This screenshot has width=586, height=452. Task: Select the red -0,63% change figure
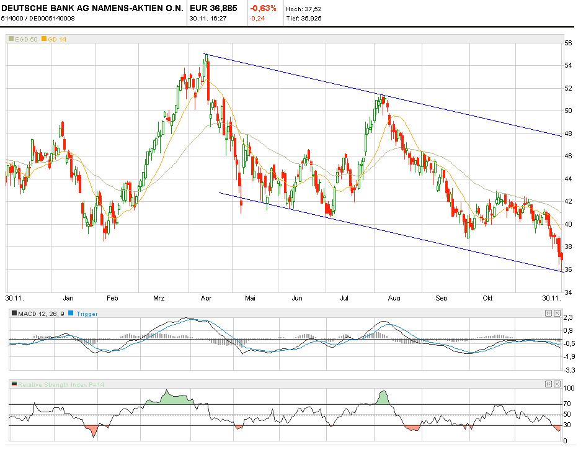tap(264, 9)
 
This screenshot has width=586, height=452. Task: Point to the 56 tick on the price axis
tap(567, 43)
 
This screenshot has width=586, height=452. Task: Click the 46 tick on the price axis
tap(567, 156)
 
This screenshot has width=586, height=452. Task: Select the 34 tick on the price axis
tap(567, 292)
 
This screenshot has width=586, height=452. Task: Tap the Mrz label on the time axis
tap(159, 298)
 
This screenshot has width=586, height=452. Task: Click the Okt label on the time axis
tap(488, 298)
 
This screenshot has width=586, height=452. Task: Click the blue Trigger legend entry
tap(87, 314)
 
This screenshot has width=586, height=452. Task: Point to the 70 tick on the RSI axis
tap(567, 404)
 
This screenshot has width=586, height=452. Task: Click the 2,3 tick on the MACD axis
tap(567, 318)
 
